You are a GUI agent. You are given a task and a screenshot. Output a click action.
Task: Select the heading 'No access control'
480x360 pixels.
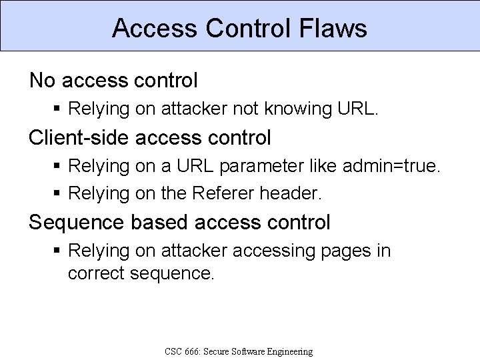113,81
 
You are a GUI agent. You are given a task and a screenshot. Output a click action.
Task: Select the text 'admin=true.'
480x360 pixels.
391,165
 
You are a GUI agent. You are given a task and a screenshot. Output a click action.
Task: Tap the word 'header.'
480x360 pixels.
291,194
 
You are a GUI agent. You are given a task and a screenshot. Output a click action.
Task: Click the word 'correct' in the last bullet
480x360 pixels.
97,273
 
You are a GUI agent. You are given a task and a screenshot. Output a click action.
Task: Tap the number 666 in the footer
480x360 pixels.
193,351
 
